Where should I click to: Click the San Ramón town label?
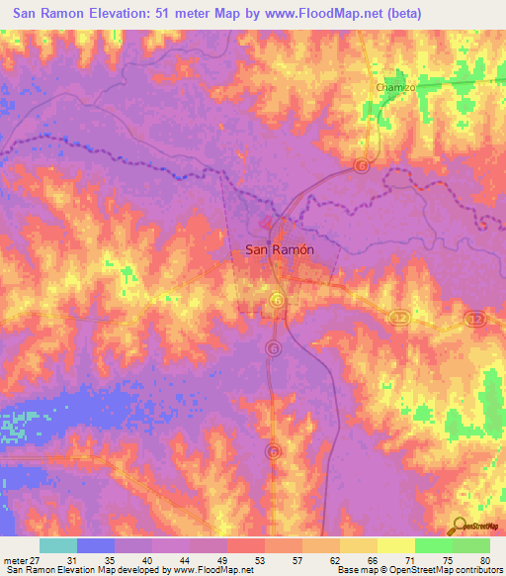pos(279,250)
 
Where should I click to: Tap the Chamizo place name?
pos(397,87)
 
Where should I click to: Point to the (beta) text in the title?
pos(397,14)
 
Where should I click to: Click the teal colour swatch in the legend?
pos(58,545)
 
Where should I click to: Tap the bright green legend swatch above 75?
pos(433,545)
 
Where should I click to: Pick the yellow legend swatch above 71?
pos(395,545)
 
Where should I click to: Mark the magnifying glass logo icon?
pos(459,527)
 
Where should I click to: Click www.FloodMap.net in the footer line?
pos(213,570)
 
